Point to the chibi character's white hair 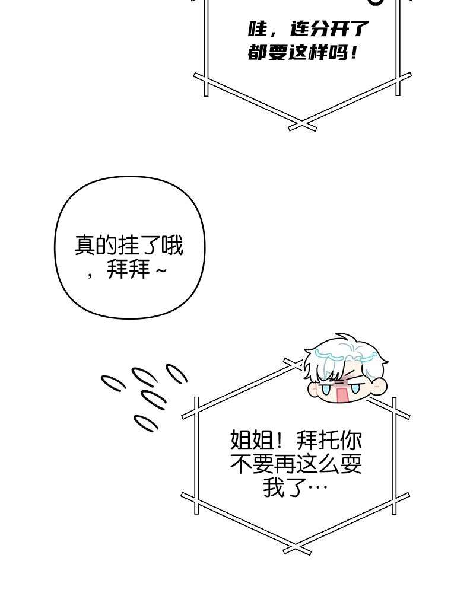coord(344,358)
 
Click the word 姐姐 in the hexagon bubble coord(252,440)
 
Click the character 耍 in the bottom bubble coord(351,464)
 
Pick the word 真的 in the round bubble coord(96,246)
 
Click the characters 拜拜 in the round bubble coord(129,269)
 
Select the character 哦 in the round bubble coord(172,246)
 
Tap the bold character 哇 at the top coord(258,28)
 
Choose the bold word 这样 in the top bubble coord(307,53)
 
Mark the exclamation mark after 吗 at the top coord(354,53)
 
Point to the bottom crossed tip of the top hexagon coord(302,125)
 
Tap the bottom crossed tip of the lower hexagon coord(298,548)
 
